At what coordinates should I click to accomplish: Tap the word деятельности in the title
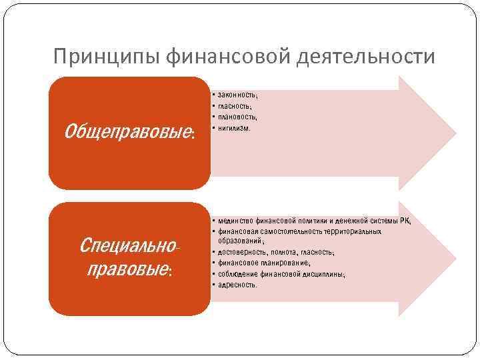coord(363,57)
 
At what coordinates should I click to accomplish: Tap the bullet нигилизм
coord(233,128)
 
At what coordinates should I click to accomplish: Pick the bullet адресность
coord(237,285)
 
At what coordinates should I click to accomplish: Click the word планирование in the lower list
coord(287,263)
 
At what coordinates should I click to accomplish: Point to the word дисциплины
coord(323,274)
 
